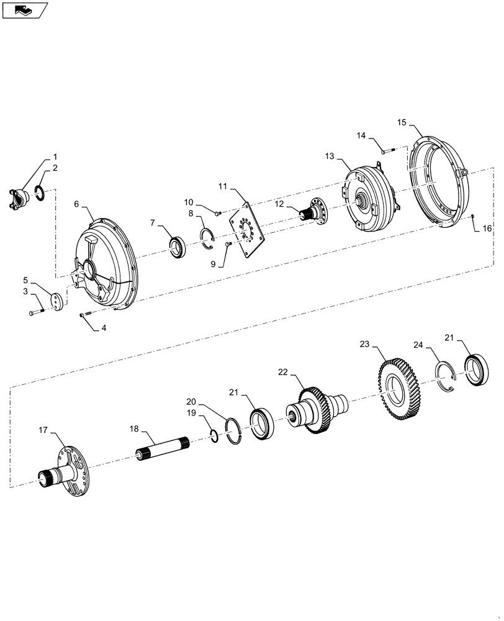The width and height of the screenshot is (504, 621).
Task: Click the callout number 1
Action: coord(55,156)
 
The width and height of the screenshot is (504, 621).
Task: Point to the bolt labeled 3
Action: coord(35,312)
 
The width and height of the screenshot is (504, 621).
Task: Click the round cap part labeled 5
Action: coord(57,302)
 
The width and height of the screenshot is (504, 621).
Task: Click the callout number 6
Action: coord(76,204)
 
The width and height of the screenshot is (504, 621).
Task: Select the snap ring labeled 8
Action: coord(208,239)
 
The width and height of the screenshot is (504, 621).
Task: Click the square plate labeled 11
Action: coord(248,227)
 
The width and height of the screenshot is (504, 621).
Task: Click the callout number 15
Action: coord(402,123)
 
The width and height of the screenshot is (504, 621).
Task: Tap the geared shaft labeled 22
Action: coord(317,413)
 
